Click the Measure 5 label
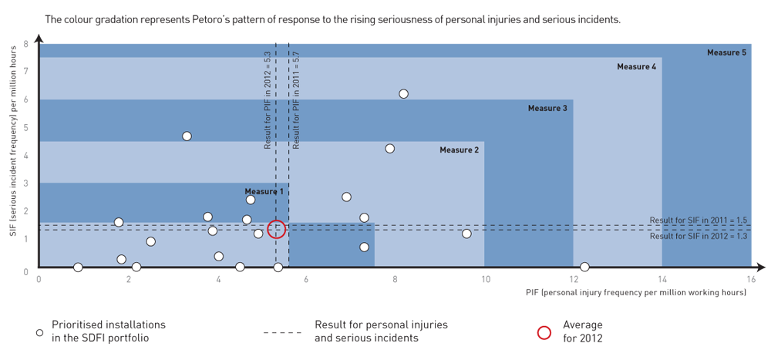point(726,52)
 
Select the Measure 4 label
point(636,67)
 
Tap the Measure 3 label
point(547,109)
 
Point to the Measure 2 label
point(460,150)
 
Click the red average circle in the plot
point(277,229)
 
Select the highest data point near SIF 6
point(403,94)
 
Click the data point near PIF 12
point(584,267)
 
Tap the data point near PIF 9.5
point(466,234)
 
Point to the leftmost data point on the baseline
point(78,267)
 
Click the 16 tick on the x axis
point(751,280)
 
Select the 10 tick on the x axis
point(484,280)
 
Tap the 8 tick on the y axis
point(25,44)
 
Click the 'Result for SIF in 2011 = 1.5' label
point(699,220)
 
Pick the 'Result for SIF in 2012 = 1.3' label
point(699,237)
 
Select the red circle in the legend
point(544,333)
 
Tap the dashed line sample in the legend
point(282,333)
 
